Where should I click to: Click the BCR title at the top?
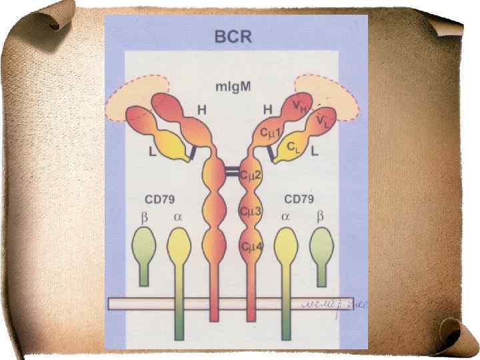[233, 35]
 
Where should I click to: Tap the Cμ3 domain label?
[251, 211]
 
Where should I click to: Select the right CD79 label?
[299, 199]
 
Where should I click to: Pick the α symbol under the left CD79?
[177, 217]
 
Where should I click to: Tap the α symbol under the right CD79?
[285, 217]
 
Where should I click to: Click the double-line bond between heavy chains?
[232, 173]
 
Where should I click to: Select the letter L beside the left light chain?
[153, 152]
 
